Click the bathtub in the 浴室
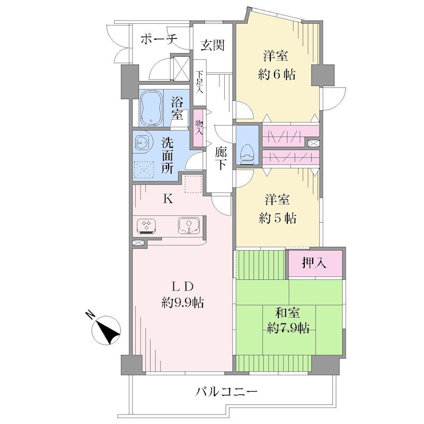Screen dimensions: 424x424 click(151, 108)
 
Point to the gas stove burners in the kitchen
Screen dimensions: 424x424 click(146, 226)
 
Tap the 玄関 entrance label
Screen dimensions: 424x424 click(213, 45)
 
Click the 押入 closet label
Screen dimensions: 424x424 click(314, 262)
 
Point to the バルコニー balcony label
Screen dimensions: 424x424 click(226, 391)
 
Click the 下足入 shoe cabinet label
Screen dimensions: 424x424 click(200, 82)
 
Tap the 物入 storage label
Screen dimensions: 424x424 click(199, 128)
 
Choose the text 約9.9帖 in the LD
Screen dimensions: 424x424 click(182, 302)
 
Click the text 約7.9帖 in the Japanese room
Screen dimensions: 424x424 click(288, 328)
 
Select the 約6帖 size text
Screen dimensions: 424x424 click(277, 74)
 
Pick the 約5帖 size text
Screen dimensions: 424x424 click(277, 218)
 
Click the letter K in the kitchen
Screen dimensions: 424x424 click(168, 199)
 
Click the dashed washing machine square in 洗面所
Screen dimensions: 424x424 click(144, 170)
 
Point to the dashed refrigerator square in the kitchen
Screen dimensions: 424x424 click(193, 184)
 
